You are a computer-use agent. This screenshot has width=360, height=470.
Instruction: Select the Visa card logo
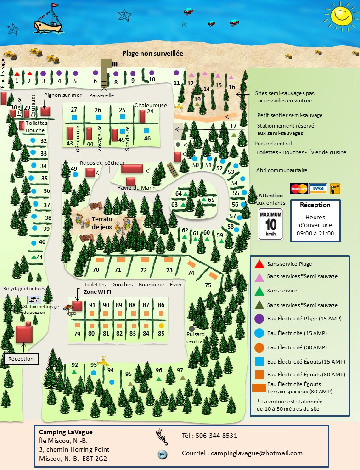tap(318, 189)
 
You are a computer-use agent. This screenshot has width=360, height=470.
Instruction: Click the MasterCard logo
tap(299, 189)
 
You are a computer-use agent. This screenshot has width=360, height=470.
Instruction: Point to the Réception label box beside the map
tap(20, 358)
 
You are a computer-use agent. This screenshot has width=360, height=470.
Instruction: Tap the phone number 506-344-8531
tap(209, 436)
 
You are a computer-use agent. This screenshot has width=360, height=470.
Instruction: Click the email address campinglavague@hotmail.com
tap(242, 453)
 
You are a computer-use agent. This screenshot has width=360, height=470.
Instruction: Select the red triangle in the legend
tap(259, 264)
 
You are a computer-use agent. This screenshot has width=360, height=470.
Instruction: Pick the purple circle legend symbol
tap(259, 319)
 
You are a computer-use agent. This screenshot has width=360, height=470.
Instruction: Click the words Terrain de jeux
tap(101, 223)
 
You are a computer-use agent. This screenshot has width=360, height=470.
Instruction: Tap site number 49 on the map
tap(74, 169)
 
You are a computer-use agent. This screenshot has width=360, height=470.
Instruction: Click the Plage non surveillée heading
tap(152, 53)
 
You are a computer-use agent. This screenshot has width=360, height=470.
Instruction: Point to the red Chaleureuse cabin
tap(142, 115)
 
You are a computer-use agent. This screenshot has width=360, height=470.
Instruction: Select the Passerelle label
tap(102, 95)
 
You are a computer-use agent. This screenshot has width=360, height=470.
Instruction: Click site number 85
tap(161, 334)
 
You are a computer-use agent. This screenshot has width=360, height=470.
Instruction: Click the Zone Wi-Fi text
tap(97, 291)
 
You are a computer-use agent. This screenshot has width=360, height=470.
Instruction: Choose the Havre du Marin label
tap(136, 187)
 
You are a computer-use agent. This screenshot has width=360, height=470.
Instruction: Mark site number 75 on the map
tap(208, 285)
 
